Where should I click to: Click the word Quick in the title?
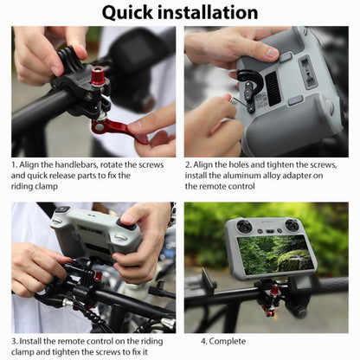pyautogui.click(x=132, y=12)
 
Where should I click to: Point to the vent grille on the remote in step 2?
pyautogui.click(x=273, y=87)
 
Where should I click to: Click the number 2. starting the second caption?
pyautogui.click(x=188, y=164)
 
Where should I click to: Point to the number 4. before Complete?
pyautogui.click(x=204, y=341)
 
